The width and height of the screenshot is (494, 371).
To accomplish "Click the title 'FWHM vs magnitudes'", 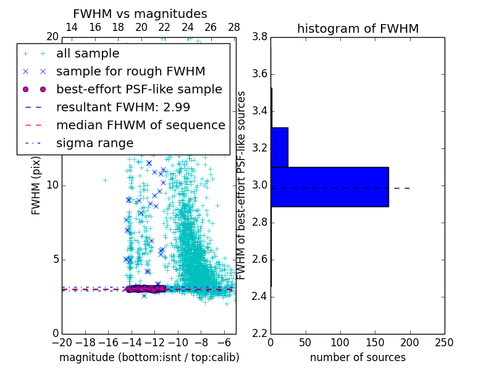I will click(x=140, y=14).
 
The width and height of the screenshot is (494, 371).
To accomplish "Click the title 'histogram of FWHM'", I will click(x=358, y=28).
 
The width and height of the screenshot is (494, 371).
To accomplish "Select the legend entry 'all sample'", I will click(x=88, y=54).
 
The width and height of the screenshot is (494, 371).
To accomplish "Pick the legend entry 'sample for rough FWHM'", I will click(x=130, y=71).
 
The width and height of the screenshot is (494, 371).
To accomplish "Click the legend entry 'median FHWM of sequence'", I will click(x=140, y=125).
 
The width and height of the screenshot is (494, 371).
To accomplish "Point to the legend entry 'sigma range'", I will click(x=94, y=143).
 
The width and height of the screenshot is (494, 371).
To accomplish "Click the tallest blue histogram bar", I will click(x=330, y=187).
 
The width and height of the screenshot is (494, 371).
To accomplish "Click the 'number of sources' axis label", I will click(x=358, y=357).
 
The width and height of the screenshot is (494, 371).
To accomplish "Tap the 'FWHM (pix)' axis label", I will click(x=36, y=185).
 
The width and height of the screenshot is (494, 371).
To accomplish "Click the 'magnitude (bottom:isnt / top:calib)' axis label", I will click(x=149, y=357).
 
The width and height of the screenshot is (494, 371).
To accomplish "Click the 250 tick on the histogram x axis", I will click(x=444, y=342).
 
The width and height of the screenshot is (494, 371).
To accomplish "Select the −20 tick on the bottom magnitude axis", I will click(x=62, y=342).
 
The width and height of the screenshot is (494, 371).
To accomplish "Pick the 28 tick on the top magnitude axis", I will click(x=234, y=27).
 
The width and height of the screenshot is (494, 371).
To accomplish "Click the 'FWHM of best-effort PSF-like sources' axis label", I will click(x=242, y=185).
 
